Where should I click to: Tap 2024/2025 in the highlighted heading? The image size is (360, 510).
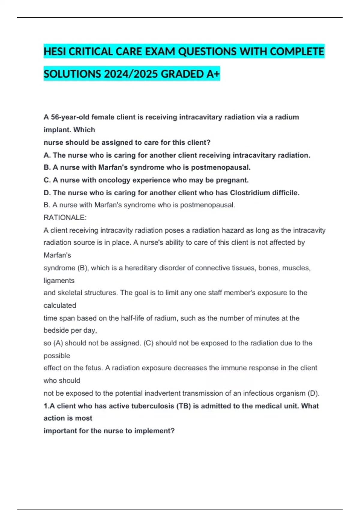[131, 74]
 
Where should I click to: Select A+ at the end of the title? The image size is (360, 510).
[213, 74]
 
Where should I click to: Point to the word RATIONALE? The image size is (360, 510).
[65, 217]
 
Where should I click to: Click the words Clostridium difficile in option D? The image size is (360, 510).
[264, 193]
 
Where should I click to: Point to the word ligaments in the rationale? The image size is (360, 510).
[59, 280]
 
